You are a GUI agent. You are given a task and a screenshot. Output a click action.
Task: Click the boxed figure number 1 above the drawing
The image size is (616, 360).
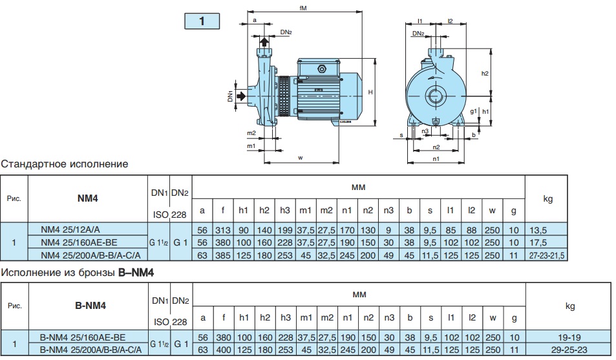(202, 21)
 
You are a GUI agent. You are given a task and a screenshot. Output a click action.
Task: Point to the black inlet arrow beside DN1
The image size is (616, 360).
(240, 96)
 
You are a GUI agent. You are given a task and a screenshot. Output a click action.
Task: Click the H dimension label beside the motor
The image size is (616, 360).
(370, 92)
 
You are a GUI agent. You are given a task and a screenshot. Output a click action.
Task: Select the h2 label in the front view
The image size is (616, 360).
(485, 74)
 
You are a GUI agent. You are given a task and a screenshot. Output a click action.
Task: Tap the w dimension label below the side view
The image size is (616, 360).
(301, 157)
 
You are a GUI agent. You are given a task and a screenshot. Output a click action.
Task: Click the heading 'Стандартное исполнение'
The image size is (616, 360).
(65, 164)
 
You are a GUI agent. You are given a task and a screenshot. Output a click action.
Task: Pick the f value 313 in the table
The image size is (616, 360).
(223, 229)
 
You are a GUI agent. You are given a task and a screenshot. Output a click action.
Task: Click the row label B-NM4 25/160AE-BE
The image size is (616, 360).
(83, 337)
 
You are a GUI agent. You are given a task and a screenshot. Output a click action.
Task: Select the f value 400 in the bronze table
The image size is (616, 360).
(223, 349)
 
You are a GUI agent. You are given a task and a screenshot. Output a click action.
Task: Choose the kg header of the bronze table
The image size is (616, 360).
(569, 306)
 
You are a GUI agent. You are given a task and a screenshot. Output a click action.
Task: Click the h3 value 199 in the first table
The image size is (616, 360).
(285, 229)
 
